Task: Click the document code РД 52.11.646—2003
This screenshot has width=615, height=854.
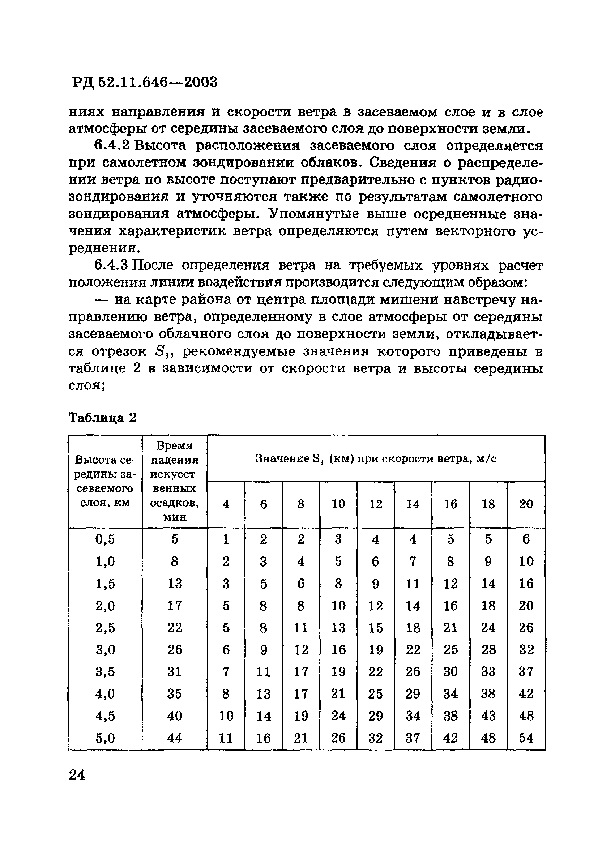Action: [x=145, y=82]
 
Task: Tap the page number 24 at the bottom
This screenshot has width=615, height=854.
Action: [x=77, y=775]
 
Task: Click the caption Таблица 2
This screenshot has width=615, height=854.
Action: [x=102, y=418]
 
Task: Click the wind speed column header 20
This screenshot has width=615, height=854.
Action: [x=526, y=504]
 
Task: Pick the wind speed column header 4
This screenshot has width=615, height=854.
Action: [x=226, y=504]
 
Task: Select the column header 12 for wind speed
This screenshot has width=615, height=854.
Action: [x=376, y=504]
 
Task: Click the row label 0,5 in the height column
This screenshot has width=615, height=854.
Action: [x=105, y=539]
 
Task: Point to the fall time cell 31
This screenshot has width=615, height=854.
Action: [x=174, y=672]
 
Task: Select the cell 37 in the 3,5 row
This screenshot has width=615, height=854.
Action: [x=526, y=672]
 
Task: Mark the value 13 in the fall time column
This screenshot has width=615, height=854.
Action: [x=174, y=584]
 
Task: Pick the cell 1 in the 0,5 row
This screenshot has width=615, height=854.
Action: [x=226, y=539]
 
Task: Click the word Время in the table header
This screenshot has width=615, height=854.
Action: [x=174, y=446]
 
